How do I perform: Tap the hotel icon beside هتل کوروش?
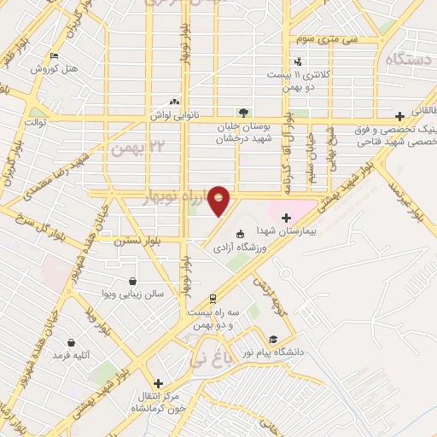pyautogui.click(x=55, y=56)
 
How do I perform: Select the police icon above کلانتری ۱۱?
pyautogui.click(x=298, y=61)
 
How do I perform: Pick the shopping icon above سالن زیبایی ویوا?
pyautogui.click(x=132, y=281)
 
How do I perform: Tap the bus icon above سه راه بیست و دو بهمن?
pyautogui.click(x=211, y=299)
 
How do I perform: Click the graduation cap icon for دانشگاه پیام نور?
pyautogui.click(x=271, y=337)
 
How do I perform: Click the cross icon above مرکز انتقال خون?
pyautogui.click(x=156, y=384)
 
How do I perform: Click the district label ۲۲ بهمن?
pyautogui.click(x=131, y=148)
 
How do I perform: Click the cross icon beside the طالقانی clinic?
pyautogui.click(x=399, y=116)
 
